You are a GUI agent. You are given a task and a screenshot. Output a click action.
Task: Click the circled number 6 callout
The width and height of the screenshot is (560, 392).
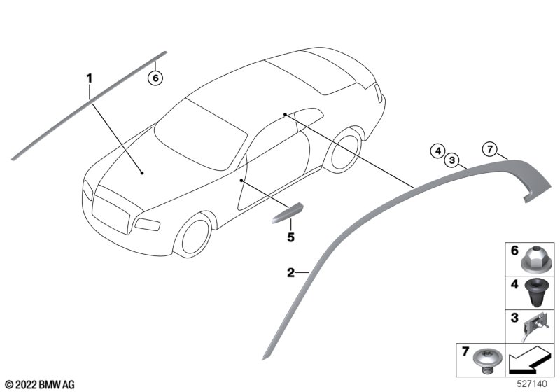(x=155, y=78)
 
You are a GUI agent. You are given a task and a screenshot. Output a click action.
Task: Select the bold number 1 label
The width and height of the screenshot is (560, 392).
(x=90, y=78)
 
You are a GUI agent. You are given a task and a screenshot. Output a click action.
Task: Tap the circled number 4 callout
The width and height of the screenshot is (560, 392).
(x=438, y=150)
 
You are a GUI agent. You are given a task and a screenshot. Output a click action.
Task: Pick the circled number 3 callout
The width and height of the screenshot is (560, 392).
(x=452, y=160)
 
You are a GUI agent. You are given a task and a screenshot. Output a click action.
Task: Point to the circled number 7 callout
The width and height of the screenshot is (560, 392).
(x=489, y=149)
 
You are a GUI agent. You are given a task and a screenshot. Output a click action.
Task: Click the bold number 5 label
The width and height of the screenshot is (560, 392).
(x=291, y=237)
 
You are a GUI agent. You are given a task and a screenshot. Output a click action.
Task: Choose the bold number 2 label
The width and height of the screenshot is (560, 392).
(x=291, y=273)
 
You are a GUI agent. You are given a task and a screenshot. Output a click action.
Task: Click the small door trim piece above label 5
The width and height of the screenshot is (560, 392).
(x=287, y=213)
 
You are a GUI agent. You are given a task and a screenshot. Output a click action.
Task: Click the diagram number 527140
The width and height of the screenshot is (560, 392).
(x=532, y=384)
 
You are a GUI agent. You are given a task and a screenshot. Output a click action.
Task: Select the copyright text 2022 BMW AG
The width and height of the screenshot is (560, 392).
(x=40, y=385)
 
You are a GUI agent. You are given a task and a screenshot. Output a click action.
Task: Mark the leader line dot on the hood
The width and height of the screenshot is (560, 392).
(x=142, y=173)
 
